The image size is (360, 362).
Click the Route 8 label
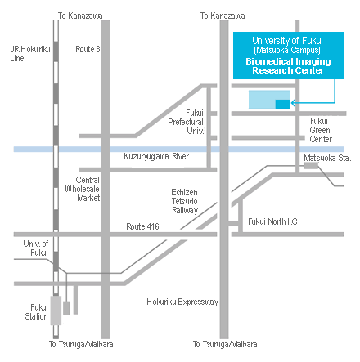tap(88, 49)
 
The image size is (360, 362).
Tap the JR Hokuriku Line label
tap(30, 54)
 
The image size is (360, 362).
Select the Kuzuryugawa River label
tap(156, 156)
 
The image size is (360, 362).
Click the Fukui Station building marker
tap(56, 311)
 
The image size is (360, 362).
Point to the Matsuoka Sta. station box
tap(311, 165)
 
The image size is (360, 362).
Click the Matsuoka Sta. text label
tap(327, 158)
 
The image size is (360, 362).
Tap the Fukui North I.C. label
tap(274, 221)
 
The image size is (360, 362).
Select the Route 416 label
tap(142, 226)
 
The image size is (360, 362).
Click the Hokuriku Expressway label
tap(182, 302)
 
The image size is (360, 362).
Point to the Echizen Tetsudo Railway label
tap(185, 201)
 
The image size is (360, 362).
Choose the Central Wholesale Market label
tap(83, 189)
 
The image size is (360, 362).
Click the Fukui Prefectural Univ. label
tap(186, 122)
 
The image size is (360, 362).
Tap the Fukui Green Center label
tap(321, 130)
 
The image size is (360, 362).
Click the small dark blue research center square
tap(282, 105)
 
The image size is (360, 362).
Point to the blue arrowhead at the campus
tap(294, 103)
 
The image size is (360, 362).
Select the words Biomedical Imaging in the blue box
tap(288, 62)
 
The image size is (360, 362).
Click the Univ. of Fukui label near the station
tap(36, 248)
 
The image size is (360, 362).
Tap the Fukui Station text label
tap(36, 312)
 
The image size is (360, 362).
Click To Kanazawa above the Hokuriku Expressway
tap(223, 16)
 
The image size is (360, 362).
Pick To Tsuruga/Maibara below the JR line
tap(81, 344)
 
